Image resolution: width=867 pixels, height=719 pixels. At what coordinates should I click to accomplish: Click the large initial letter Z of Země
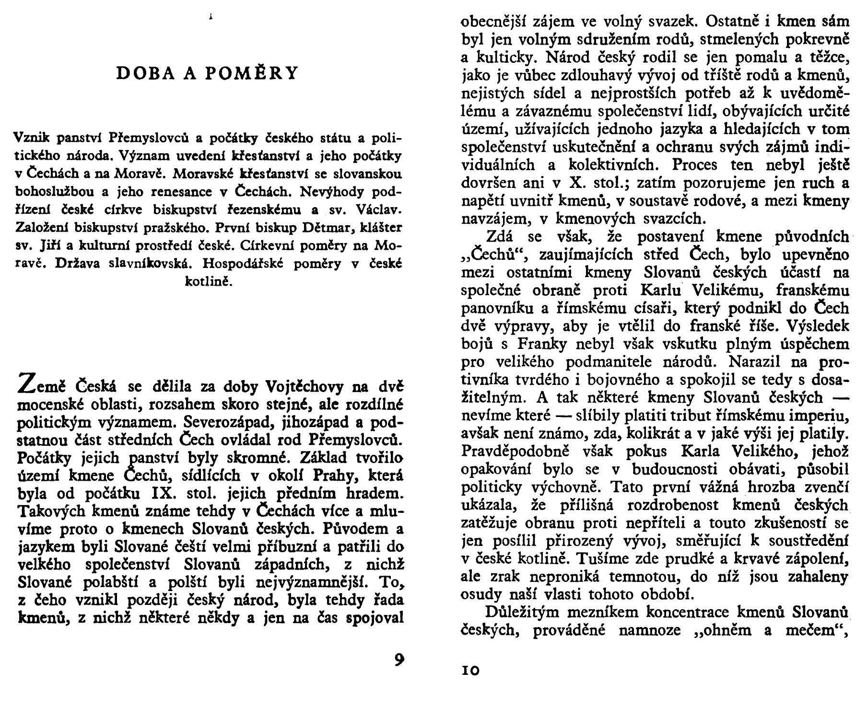pos(26,383)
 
